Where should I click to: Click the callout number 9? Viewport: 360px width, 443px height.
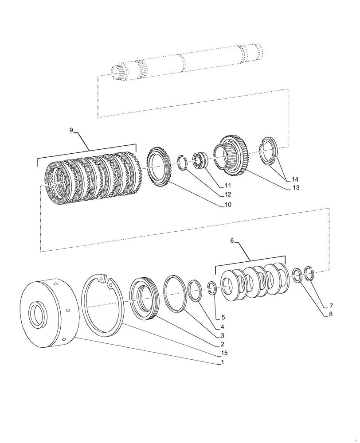[71, 130]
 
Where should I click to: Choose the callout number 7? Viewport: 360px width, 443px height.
[330, 306]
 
